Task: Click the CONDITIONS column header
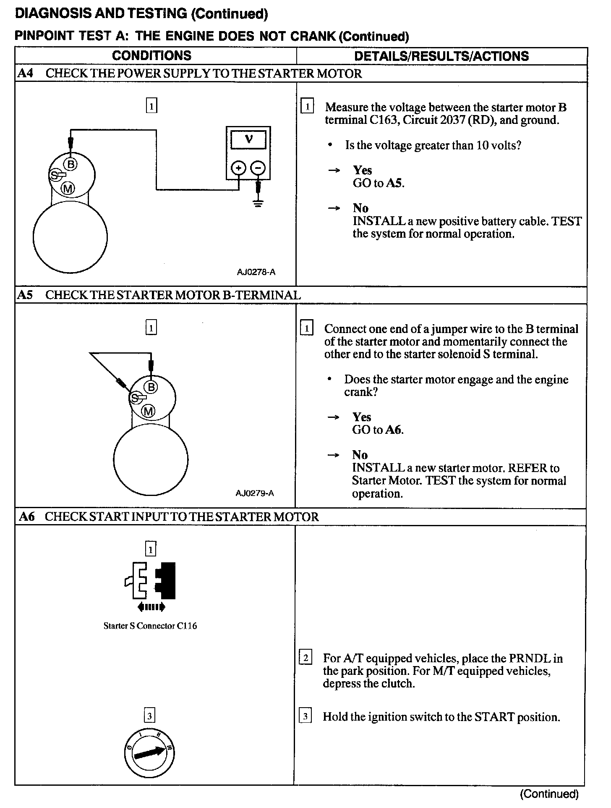(x=151, y=56)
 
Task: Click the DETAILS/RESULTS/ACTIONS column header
(x=441, y=56)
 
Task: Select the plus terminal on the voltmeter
(x=238, y=168)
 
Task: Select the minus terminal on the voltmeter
(x=258, y=168)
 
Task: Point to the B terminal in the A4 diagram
(x=71, y=164)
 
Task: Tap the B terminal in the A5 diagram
(x=151, y=386)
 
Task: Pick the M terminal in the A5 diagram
(x=149, y=411)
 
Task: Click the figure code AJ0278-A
(x=256, y=272)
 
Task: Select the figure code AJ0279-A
(x=255, y=493)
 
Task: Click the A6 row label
(x=26, y=517)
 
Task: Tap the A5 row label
(x=25, y=295)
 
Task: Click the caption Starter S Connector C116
(x=150, y=626)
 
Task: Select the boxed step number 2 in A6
(x=305, y=657)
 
